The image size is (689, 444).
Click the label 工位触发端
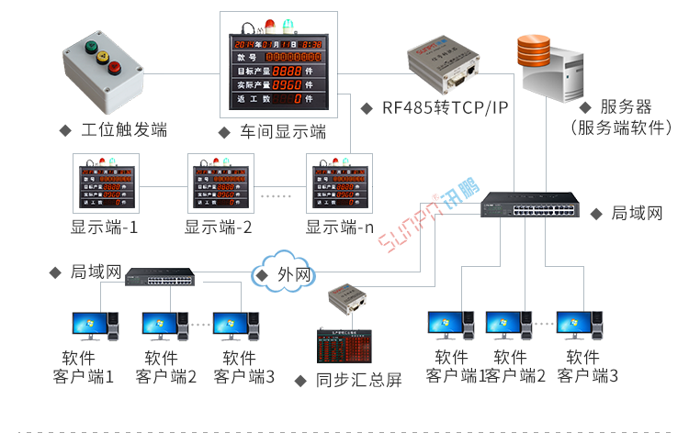123,130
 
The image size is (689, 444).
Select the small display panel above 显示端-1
104,185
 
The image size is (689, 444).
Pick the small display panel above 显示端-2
220,185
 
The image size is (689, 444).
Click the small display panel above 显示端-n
340,185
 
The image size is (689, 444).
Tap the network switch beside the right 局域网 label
531,206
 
